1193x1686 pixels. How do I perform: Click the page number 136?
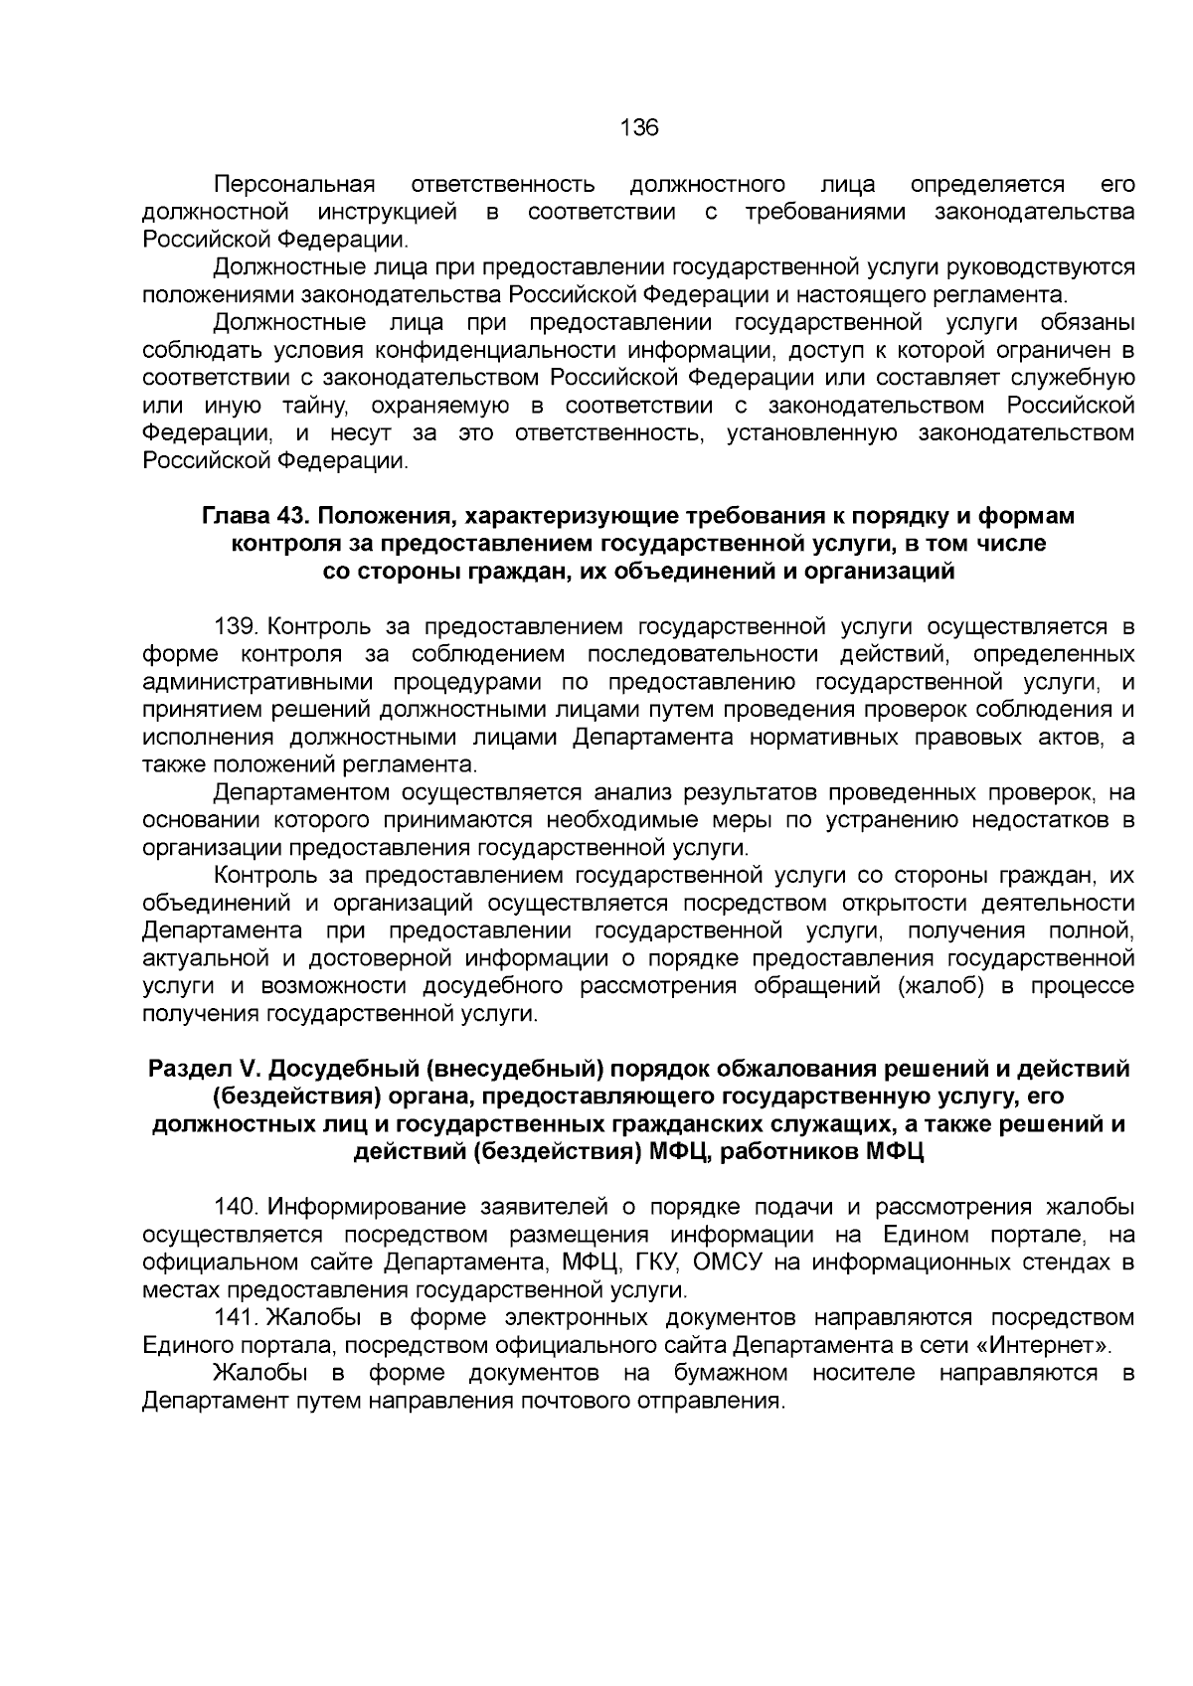coord(638,128)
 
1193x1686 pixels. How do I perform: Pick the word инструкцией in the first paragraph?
coord(389,212)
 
